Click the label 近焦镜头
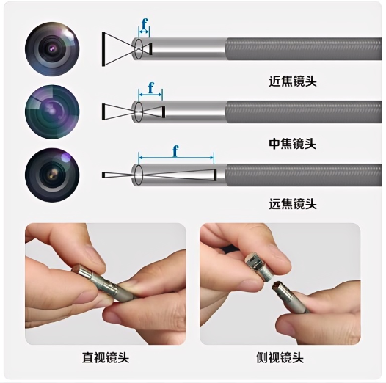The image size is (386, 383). [293, 81]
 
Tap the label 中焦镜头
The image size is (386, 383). [293, 144]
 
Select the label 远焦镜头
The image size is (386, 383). [293, 204]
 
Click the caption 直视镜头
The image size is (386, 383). [106, 357]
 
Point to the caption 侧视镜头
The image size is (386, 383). [280, 357]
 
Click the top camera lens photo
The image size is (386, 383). [52, 48]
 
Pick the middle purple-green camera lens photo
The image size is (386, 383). [52, 112]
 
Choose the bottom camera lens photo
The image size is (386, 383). [52, 175]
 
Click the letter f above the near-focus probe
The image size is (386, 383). [145, 24]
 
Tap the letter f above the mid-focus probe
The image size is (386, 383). [150, 88]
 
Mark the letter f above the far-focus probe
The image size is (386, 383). [175, 151]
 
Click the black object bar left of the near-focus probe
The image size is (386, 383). [103, 48]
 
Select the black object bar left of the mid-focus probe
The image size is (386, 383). [103, 112]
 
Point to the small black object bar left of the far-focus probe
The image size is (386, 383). [103, 175]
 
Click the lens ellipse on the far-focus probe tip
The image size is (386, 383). [139, 175]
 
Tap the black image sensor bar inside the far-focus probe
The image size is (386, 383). [215, 175]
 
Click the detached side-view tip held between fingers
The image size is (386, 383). [255, 266]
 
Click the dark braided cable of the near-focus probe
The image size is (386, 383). [304, 48]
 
